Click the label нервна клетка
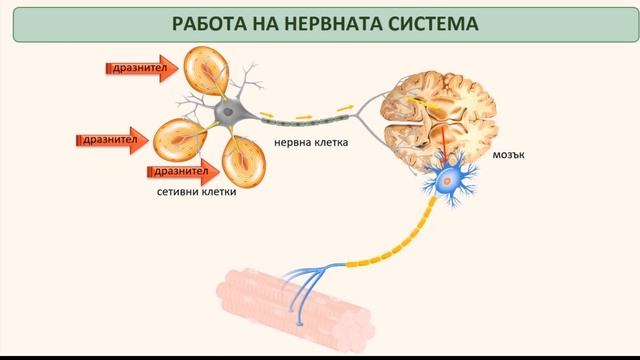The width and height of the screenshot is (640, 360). pyautogui.click(x=311, y=143)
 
